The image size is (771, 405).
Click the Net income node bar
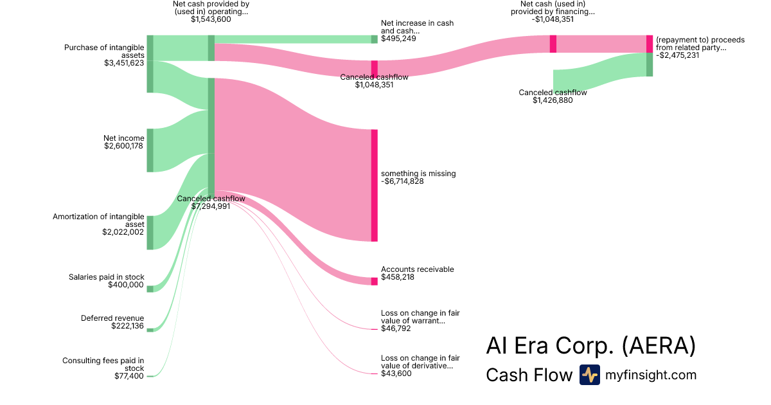pos(150,150)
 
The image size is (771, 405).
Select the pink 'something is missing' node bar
pos(374,185)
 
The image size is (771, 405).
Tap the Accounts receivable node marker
pos(374,281)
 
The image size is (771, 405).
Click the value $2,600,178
pos(124,146)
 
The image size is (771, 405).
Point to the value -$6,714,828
pos(402,181)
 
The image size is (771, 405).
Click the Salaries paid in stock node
pos(150,289)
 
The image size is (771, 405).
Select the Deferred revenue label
pos(112,318)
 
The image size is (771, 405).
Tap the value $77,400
pos(129,376)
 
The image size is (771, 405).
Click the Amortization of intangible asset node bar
pos(150,233)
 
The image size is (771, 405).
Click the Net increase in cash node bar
pos(374,39)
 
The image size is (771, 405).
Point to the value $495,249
pos(398,39)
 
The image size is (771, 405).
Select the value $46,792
pos(396,328)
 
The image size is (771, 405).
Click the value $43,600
pos(396,373)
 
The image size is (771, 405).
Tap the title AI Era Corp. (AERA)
pos(590,346)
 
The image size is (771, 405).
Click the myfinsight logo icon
pos(589,375)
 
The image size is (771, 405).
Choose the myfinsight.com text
pos(651,375)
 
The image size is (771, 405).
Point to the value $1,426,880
pos(553,100)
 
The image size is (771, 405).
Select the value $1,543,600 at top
pos(211,19)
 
